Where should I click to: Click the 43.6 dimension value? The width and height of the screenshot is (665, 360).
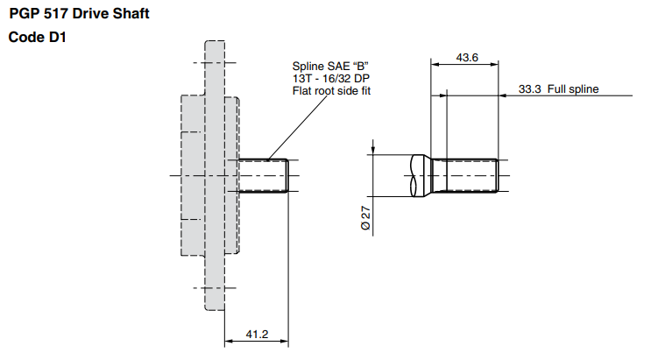467,58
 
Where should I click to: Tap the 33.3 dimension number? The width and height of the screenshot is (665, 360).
529,88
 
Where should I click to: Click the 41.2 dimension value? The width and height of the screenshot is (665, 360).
257,334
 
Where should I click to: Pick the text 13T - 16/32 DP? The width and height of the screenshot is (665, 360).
329,78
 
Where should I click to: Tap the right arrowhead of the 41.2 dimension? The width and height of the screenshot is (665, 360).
287,340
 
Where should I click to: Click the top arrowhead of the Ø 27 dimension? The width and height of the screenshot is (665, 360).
373,151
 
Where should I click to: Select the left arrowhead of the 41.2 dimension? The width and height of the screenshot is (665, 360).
229,340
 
